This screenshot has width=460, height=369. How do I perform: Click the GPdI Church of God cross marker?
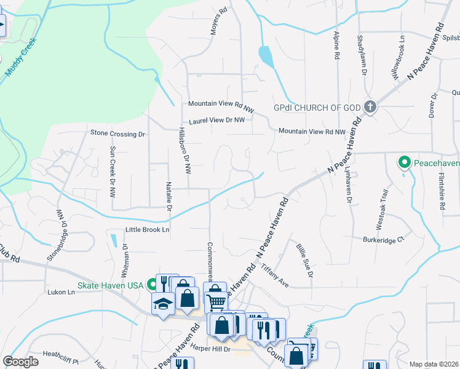(369, 107)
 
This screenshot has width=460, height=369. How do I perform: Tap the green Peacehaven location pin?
(404, 163)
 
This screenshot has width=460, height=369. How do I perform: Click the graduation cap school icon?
(163, 303)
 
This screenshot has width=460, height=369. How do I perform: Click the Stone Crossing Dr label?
(117, 133)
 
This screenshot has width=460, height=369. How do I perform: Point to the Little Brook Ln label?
(147, 229)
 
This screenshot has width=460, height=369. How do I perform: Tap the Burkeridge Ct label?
(385, 239)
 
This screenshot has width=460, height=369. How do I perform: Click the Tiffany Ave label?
(274, 274)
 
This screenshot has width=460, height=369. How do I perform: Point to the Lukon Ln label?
(61, 293)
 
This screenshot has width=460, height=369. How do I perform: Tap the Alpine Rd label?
(337, 45)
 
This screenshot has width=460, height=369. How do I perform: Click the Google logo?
(20, 362)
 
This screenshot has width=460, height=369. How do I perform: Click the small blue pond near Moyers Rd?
(266, 57)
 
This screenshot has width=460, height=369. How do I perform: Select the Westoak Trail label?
(383, 205)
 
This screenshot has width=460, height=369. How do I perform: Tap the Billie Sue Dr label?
(305, 260)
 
